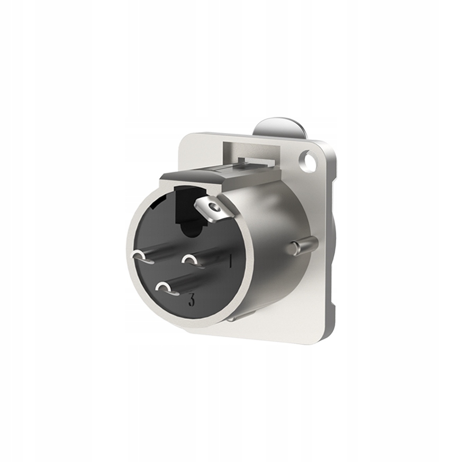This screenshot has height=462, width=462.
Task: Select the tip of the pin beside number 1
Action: pyautogui.click(x=190, y=259)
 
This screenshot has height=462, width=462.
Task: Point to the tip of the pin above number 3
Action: pyautogui.click(x=164, y=287)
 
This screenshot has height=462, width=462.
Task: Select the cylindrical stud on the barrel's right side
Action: pyautogui.click(x=305, y=245)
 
